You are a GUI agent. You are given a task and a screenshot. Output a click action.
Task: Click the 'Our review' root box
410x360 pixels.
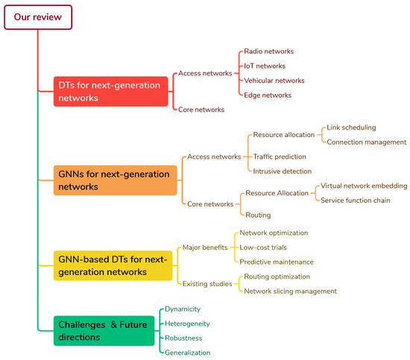[x=37, y=16]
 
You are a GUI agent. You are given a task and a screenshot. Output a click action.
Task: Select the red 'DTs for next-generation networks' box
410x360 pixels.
[x=110, y=91]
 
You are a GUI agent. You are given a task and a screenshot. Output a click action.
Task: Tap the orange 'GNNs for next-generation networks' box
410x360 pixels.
[x=110, y=180]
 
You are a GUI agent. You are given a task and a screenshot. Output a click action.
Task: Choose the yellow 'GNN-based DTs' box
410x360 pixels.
[x=113, y=265]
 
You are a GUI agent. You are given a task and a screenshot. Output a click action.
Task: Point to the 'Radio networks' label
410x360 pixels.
[x=268, y=51]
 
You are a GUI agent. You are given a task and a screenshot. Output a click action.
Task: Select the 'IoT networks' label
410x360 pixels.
[x=265, y=66]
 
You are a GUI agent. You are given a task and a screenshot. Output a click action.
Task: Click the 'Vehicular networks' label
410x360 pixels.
[x=274, y=80]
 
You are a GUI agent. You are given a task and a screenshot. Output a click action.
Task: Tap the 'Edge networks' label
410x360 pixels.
[x=267, y=95]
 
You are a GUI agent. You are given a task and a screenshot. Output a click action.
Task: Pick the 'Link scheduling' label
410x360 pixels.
[x=351, y=127]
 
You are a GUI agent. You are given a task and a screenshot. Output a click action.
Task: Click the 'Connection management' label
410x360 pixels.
[x=367, y=142]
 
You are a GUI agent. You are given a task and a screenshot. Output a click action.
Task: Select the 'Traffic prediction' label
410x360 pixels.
[x=280, y=157]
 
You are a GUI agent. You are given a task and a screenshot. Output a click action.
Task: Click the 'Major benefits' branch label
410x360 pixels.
[x=205, y=247]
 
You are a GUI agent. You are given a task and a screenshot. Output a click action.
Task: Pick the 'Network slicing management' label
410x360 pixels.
[x=290, y=291]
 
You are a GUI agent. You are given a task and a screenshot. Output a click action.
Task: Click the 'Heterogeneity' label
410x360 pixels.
[x=187, y=323]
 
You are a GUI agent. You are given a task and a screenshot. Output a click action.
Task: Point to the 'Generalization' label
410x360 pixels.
[x=187, y=353]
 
